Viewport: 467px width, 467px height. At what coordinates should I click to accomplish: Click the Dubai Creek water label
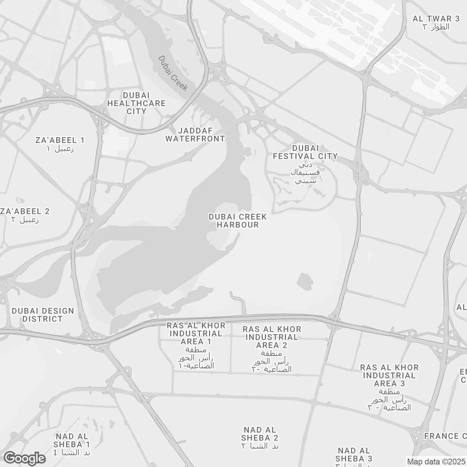(x=173, y=73)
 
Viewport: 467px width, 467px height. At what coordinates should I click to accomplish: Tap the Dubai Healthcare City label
(x=136, y=103)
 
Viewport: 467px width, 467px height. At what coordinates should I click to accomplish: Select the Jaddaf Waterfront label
(x=195, y=135)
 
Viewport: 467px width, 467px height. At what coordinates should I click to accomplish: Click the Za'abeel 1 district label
(x=60, y=140)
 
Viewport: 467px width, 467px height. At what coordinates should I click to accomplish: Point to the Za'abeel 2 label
(x=25, y=212)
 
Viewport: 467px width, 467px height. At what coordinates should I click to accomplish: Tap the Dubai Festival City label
(x=305, y=152)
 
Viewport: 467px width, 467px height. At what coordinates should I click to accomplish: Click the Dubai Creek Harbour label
(x=238, y=221)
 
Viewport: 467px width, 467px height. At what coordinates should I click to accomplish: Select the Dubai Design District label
(x=43, y=315)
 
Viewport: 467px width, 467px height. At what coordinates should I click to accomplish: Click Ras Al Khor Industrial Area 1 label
(x=196, y=333)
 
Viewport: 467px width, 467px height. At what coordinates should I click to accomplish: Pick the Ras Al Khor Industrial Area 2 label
(x=272, y=337)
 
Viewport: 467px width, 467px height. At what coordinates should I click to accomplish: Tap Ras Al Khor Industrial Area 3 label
(x=389, y=375)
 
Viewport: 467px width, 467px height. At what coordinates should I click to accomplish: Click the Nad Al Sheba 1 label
(x=72, y=440)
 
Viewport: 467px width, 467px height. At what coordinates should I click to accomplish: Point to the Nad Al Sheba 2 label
(x=260, y=434)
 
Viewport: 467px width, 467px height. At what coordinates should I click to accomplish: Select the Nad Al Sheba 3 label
(x=354, y=455)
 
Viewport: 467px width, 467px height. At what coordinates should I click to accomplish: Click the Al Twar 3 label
(x=436, y=19)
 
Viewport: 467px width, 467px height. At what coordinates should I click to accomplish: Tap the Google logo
(x=24, y=458)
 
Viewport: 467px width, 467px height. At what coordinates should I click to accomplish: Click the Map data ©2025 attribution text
(x=436, y=462)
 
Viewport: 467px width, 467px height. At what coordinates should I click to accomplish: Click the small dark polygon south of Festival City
(x=305, y=282)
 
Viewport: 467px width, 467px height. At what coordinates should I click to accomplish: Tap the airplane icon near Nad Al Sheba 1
(x=57, y=350)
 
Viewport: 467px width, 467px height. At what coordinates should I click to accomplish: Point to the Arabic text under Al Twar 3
(x=436, y=27)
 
